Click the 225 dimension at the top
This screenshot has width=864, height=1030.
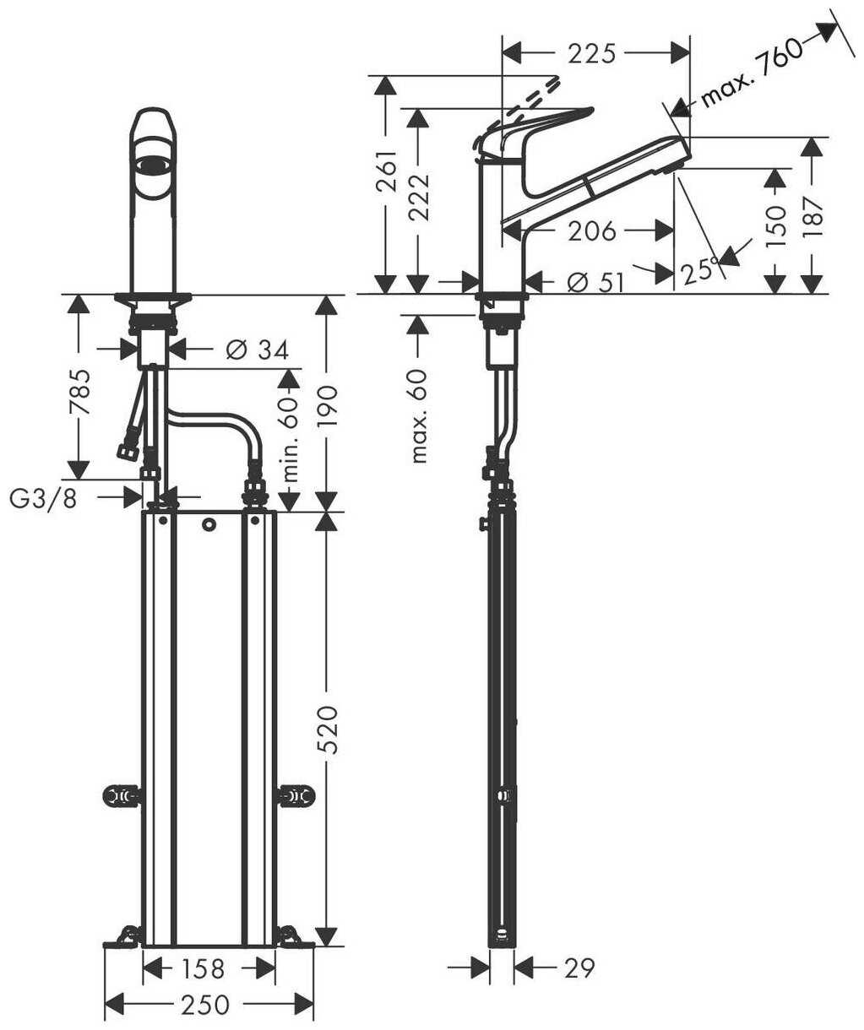coord(592,54)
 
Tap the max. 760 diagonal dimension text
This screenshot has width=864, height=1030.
coord(752,73)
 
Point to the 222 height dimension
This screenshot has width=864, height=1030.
coord(420,198)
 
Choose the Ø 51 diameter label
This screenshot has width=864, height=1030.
coord(595,283)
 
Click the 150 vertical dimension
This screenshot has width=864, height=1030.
coord(775,227)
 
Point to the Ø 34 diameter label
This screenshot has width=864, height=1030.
coord(258,350)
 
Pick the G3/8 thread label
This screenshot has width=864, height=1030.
coord(43,499)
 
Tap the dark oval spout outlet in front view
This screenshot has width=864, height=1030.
coord(153,165)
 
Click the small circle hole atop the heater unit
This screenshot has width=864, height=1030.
coord(209,525)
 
